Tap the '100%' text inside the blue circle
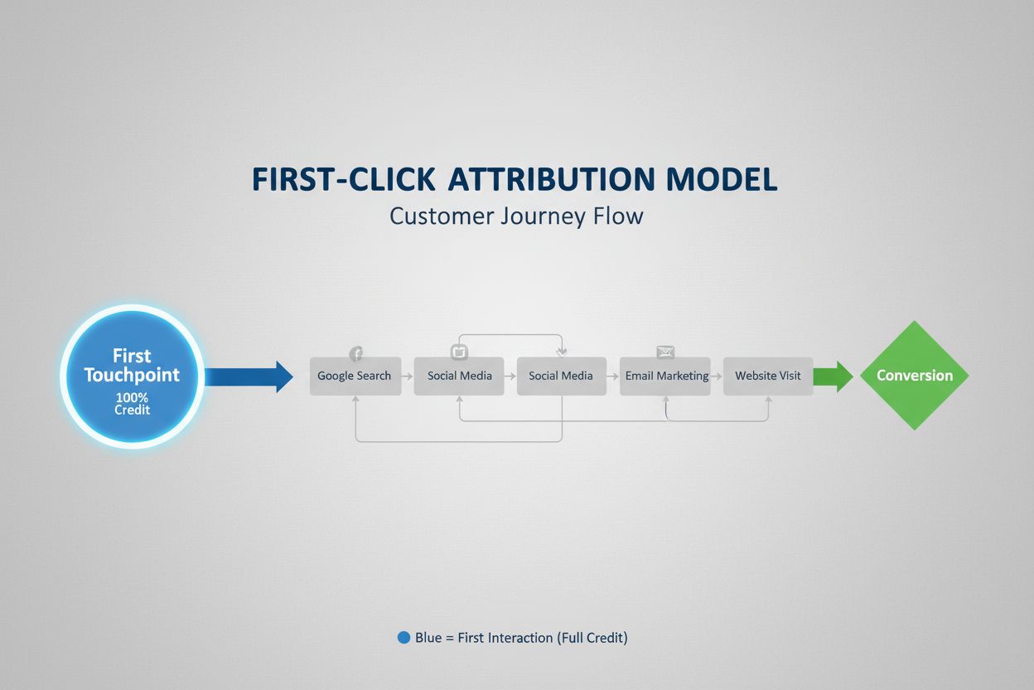tap(132, 398)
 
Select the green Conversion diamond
tap(914, 376)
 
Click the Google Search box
tap(355, 376)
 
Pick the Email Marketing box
tap(666, 376)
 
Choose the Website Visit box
tap(768, 376)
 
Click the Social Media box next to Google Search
tap(459, 376)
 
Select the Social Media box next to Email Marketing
tap(561, 376)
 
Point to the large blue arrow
tap(249, 377)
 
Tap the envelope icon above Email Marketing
tap(665, 352)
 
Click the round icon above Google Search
tap(356, 354)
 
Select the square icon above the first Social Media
tap(459, 352)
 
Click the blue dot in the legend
tap(403, 638)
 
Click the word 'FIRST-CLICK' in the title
tap(343, 180)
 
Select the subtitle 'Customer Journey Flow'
tap(516, 216)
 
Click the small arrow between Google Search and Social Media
tap(408, 377)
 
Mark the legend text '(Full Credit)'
tap(592, 638)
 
